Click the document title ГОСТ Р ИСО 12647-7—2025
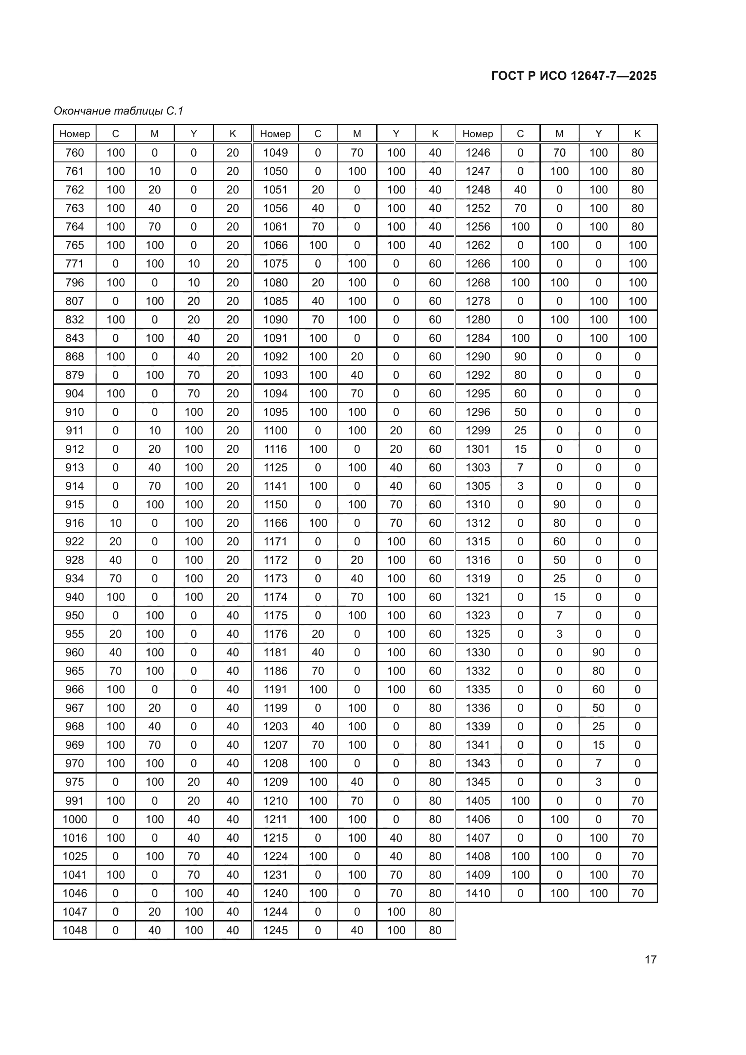pos(574,76)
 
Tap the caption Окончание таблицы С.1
pos(119,111)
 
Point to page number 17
pos(650,959)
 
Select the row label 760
pos(75,152)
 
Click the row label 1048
pos(75,930)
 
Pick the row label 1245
pos(276,930)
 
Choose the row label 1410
pos(478,893)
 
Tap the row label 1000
pos(75,819)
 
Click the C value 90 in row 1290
pos(520,357)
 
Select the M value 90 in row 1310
pos(559,505)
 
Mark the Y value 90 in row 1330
pos(598,653)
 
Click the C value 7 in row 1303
pos(520,467)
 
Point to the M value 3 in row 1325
pos(559,634)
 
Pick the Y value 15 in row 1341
pos(598,745)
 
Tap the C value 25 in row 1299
pos(520,431)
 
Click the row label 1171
pos(276,541)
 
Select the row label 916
pos(75,523)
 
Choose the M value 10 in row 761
pos(154,171)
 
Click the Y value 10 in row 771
pos(193,264)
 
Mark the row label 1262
pos(478,245)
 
